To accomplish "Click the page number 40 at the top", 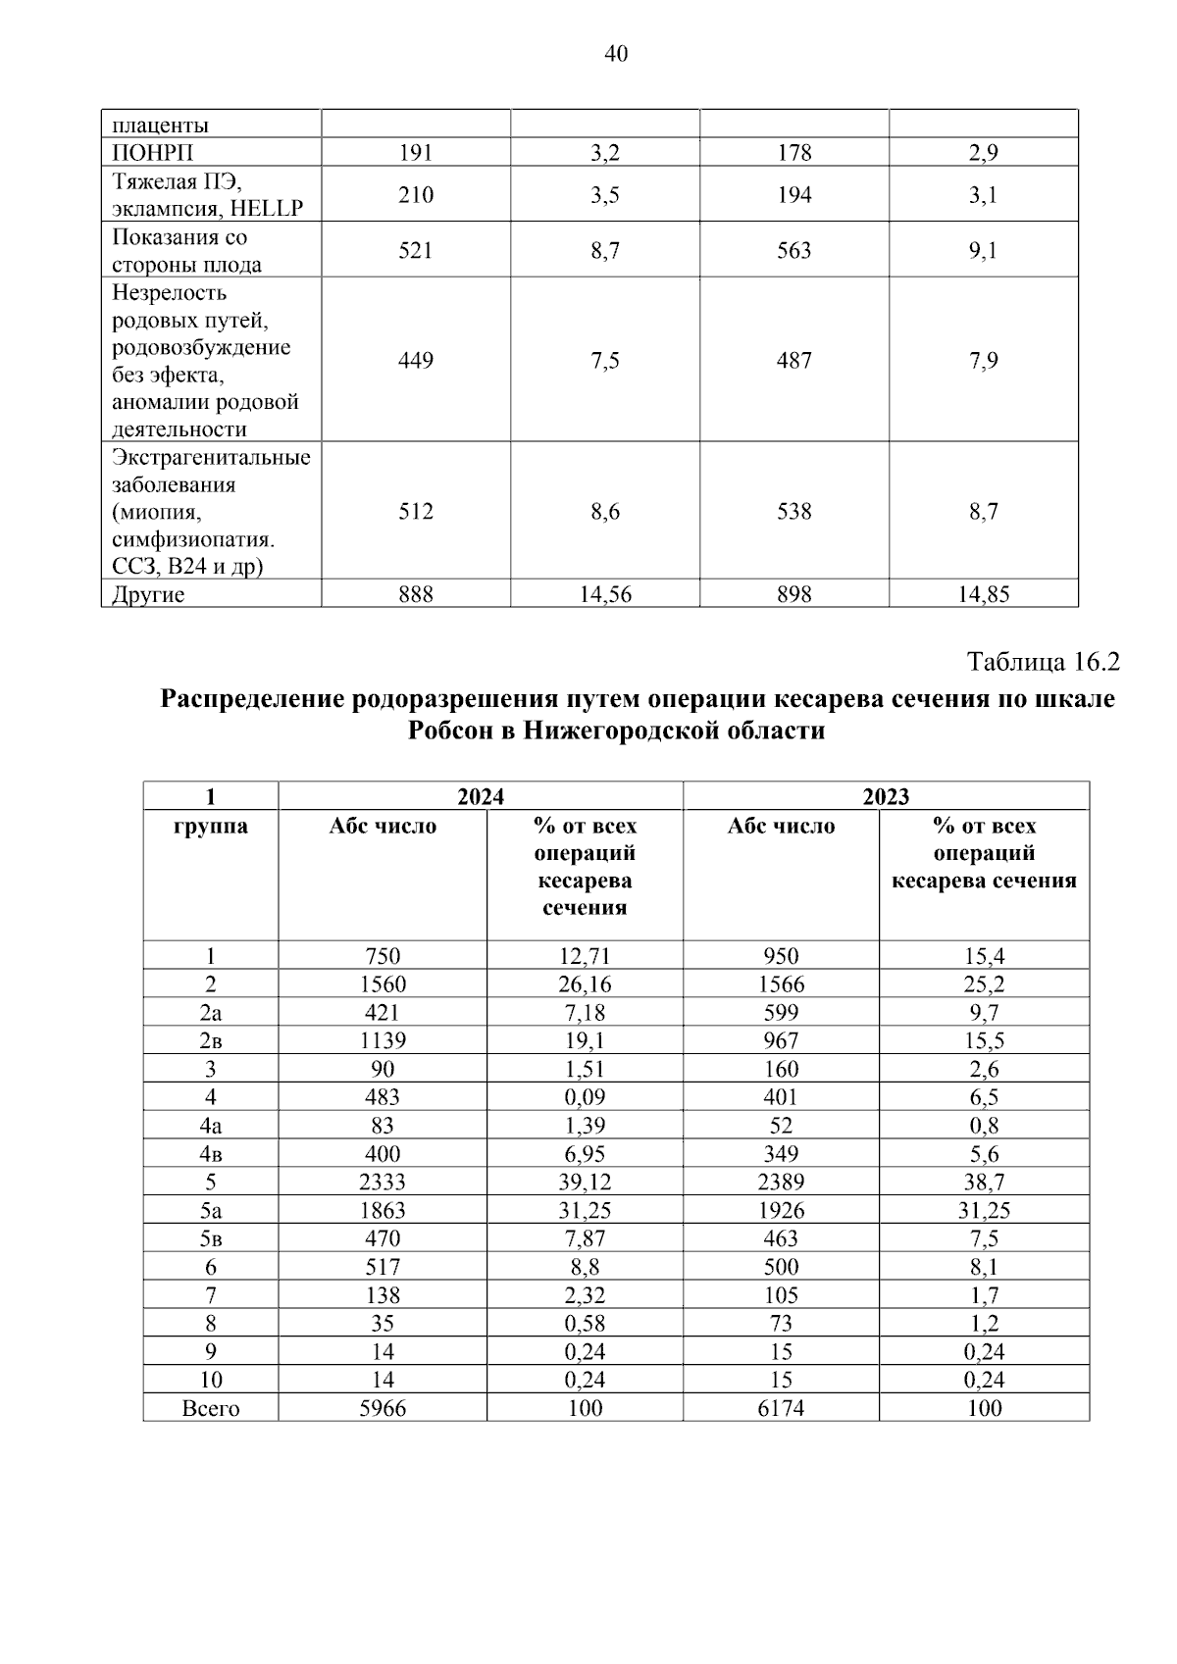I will pos(615,54).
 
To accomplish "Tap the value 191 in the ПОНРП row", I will pos(415,153).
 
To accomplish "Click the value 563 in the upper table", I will pos(793,251).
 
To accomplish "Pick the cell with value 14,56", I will pos(604,594).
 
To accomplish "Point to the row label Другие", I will pos(148,594).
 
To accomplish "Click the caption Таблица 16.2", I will pos(1043,662).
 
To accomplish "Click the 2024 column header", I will pos(481,796).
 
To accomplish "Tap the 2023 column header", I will pos(886,796).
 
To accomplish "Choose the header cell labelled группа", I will pos(211,827).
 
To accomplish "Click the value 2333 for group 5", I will pos(383,1183).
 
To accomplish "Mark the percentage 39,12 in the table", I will pos(585,1183).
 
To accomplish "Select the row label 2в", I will pos(211,1041).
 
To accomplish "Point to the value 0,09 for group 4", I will pos(585,1097).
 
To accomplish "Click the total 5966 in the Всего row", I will pos(383,1409).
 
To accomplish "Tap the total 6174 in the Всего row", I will pos(782,1409).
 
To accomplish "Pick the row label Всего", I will pos(211,1409).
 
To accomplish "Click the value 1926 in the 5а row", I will pos(782,1211).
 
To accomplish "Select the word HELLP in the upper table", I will pos(267,209).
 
